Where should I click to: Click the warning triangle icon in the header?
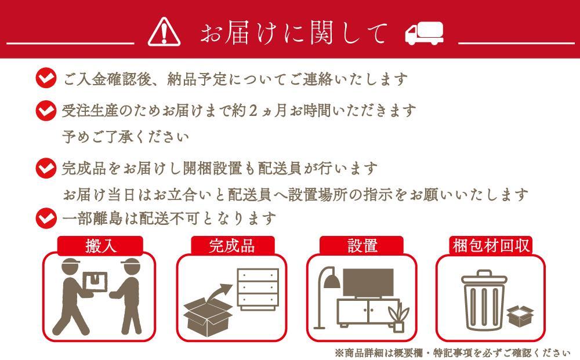(x=164, y=32)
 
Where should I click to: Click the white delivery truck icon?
(x=425, y=32)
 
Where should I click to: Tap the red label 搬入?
(x=100, y=246)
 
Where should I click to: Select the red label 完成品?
(x=233, y=246)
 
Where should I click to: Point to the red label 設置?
(x=362, y=246)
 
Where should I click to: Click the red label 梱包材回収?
(x=491, y=245)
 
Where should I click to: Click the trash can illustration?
(x=484, y=300)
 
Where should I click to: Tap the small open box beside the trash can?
(x=520, y=317)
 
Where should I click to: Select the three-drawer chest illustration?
(x=258, y=289)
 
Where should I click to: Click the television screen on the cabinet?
(x=368, y=283)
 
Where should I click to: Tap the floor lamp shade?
(x=332, y=282)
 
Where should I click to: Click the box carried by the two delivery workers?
(x=95, y=282)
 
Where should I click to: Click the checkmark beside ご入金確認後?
(x=46, y=78)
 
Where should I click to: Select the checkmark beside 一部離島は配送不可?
(x=46, y=218)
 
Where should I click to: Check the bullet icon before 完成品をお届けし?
(x=46, y=168)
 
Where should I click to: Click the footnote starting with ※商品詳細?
(x=452, y=353)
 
